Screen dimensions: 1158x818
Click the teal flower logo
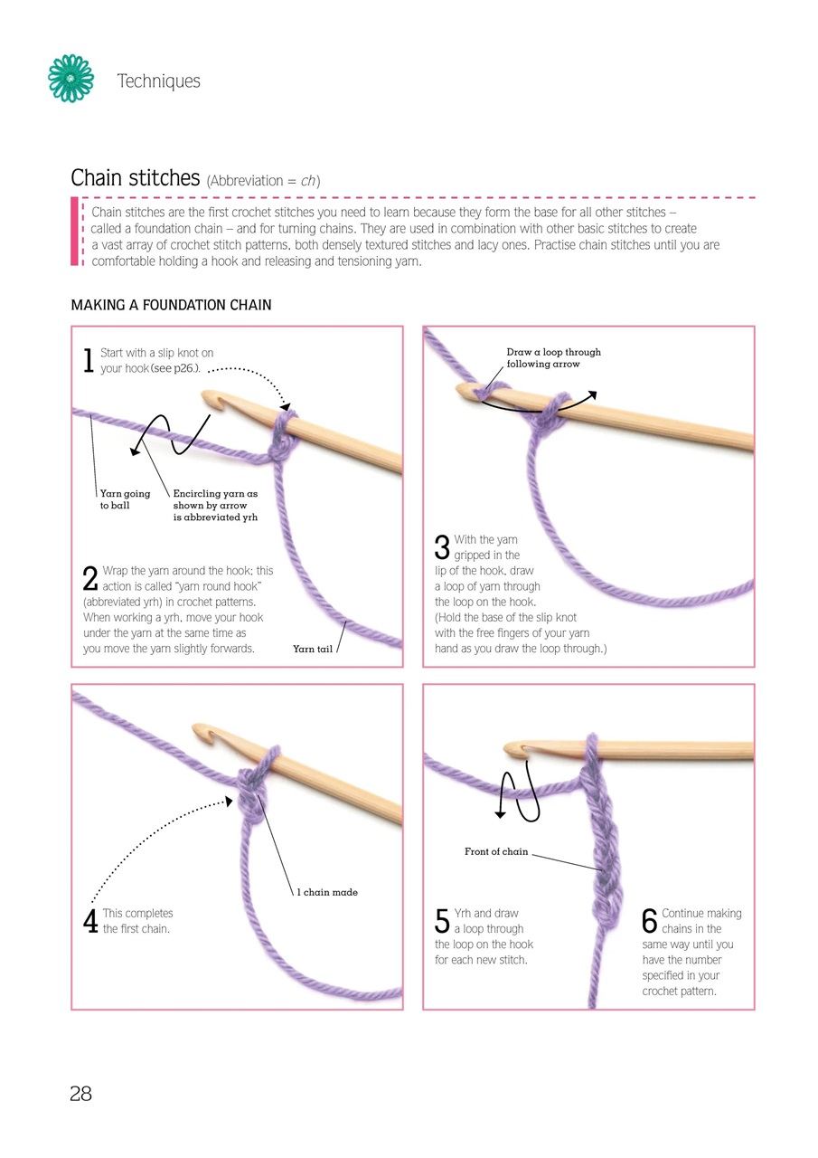[x=71, y=78]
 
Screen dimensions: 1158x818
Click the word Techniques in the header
[x=158, y=81]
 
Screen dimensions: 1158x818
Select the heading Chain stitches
[x=135, y=178]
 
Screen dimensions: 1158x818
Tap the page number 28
[x=80, y=1094]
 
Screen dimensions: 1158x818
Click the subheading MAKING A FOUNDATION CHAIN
[x=171, y=305]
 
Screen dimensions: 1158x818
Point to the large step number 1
[x=89, y=361]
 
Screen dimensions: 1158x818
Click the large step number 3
[x=442, y=547]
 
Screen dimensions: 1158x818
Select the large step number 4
[x=89, y=921]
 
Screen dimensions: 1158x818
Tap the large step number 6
[x=649, y=921]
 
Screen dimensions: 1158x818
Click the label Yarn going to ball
[x=125, y=499]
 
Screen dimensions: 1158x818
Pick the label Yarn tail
[x=313, y=649]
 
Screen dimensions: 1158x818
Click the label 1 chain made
[x=327, y=892]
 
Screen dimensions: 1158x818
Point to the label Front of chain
[x=495, y=851]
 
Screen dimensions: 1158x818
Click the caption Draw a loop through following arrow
[x=553, y=357]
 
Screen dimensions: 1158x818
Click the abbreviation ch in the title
[x=308, y=181]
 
